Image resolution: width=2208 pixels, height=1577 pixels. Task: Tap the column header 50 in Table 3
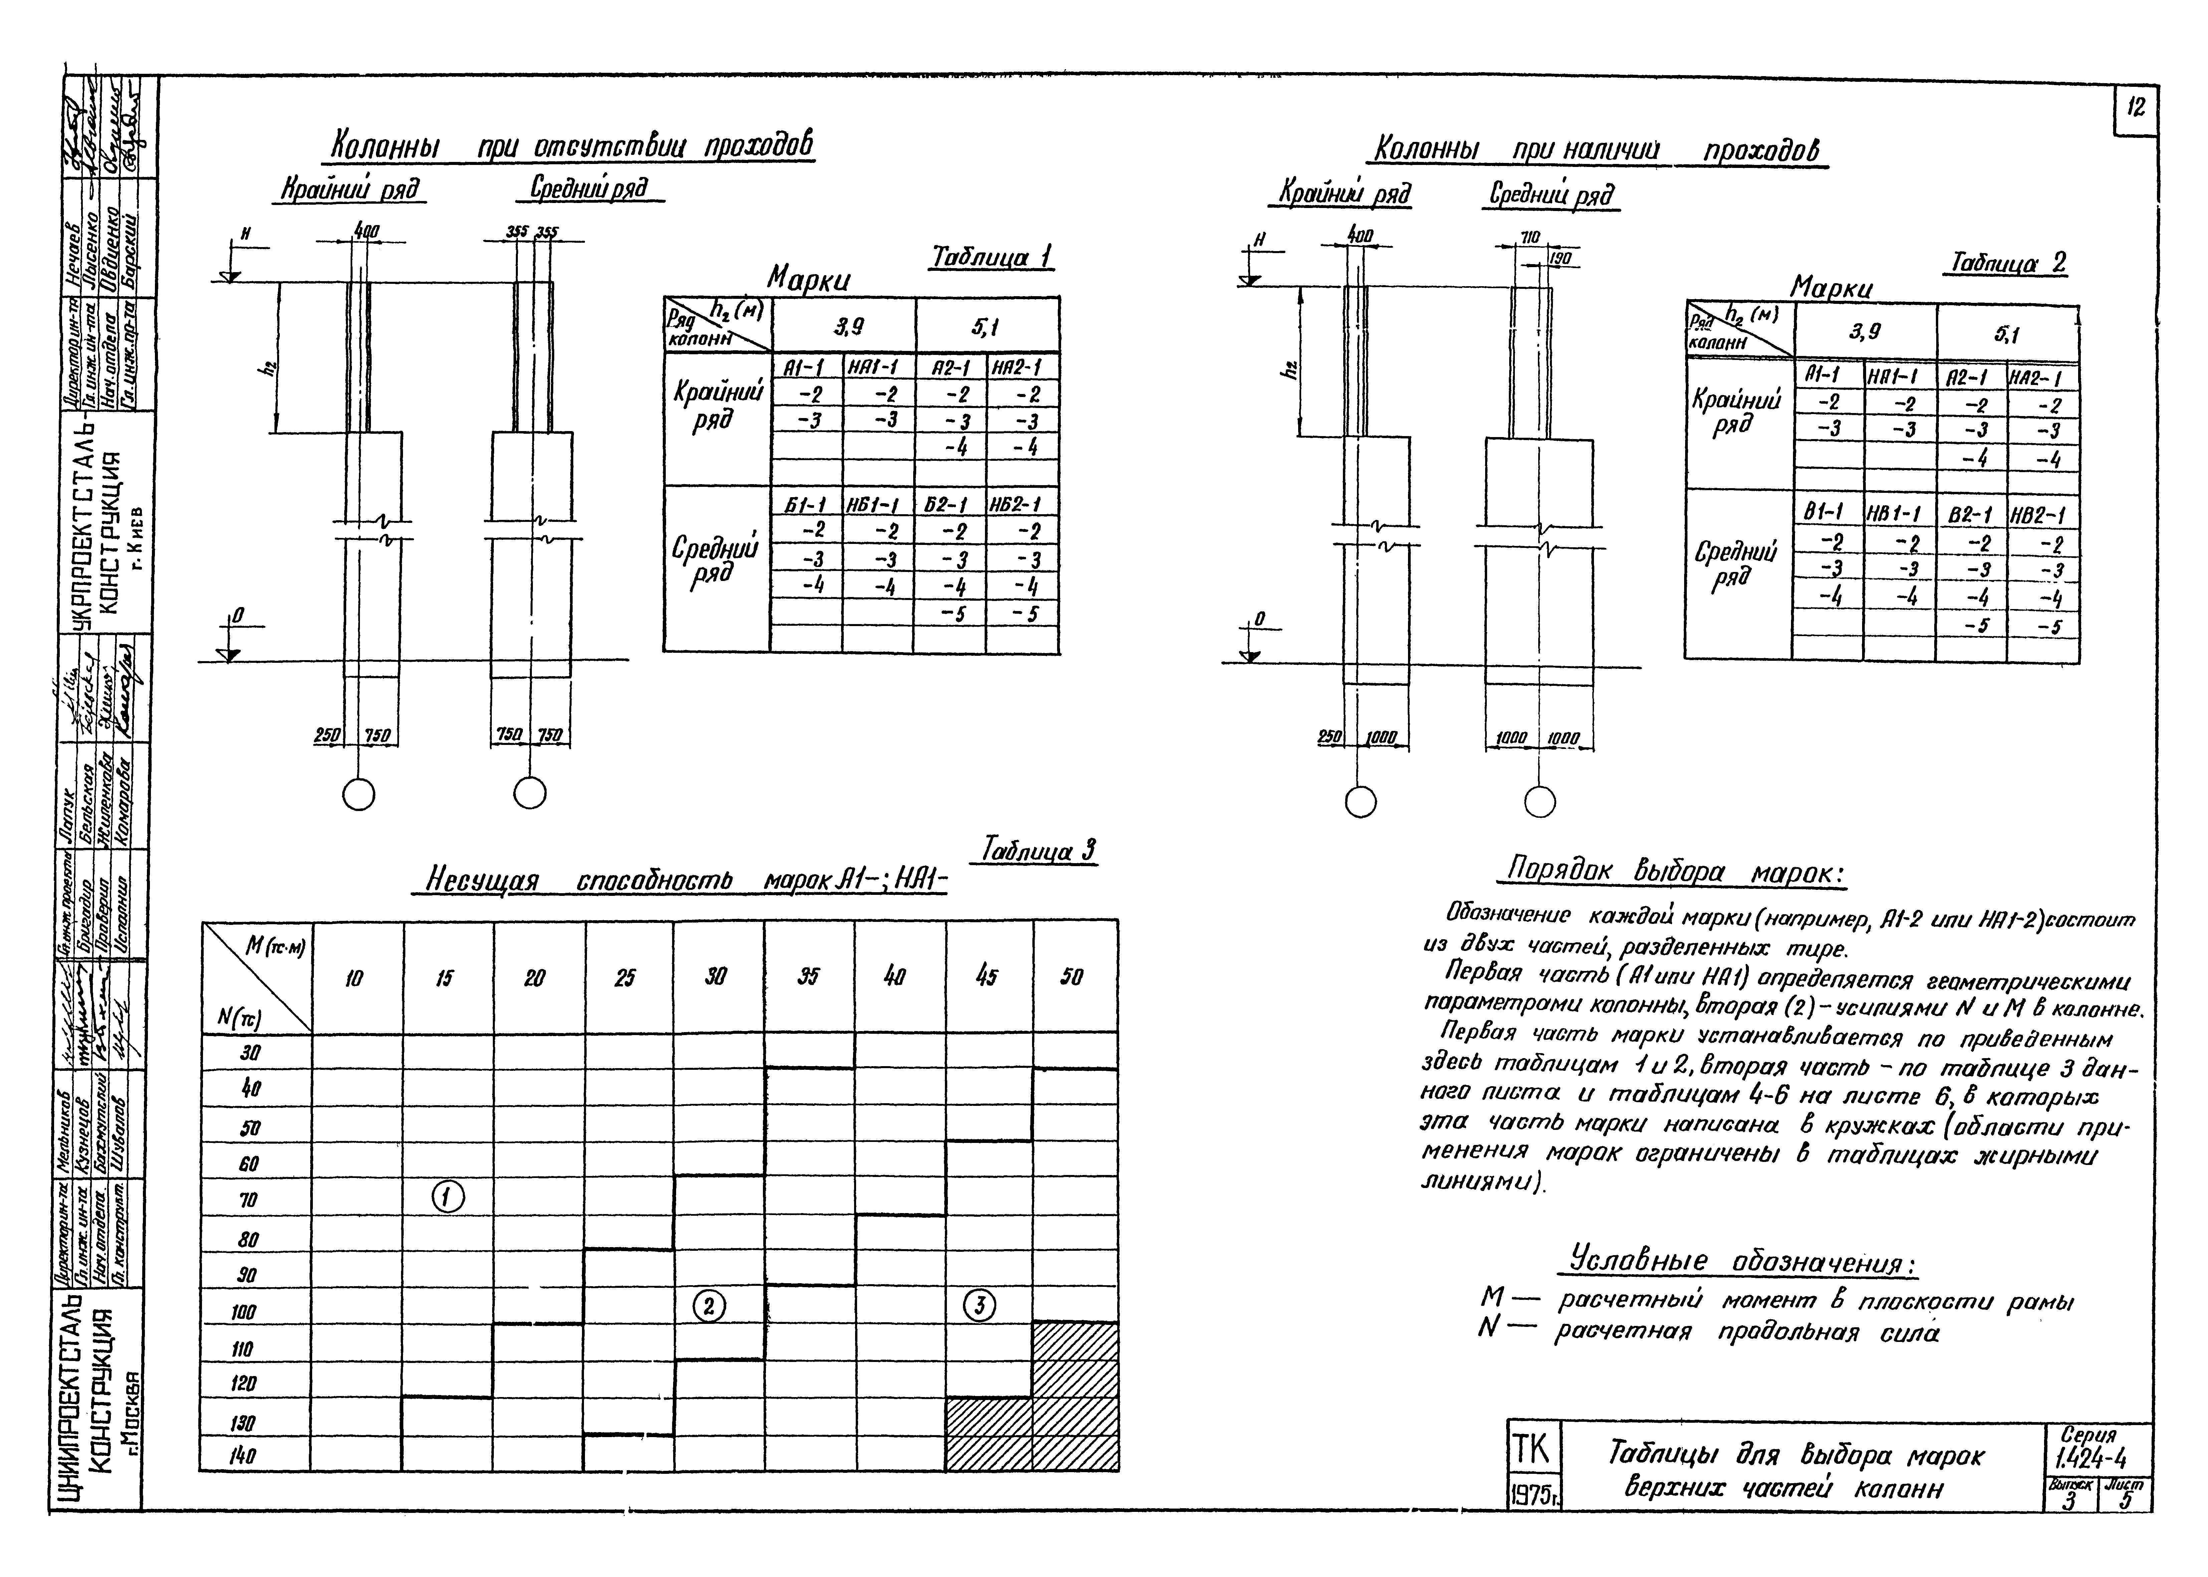(x=1072, y=978)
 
